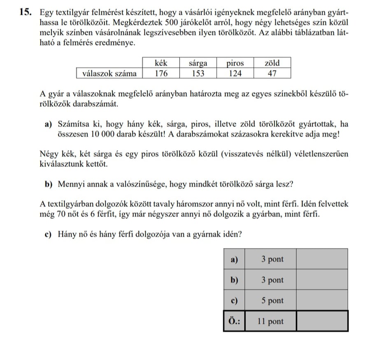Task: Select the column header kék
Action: tap(161, 63)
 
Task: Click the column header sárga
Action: tap(198, 63)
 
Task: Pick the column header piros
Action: tap(235, 63)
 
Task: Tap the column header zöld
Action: tap(272, 63)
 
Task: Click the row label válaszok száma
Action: tap(109, 73)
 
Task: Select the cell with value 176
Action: tap(161, 73)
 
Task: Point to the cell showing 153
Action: tap(198, 73)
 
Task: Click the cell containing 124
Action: tap(235, 73)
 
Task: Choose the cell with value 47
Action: tap(272, 73)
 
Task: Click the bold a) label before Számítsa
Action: tap(50, 124)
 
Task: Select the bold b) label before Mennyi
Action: tap(50, 184)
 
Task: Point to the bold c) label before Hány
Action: tap(50, 235)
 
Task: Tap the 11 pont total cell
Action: tap(270, 321)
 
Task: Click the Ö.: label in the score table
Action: tap(234, 321)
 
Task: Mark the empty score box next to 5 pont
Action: tap(322, 300)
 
